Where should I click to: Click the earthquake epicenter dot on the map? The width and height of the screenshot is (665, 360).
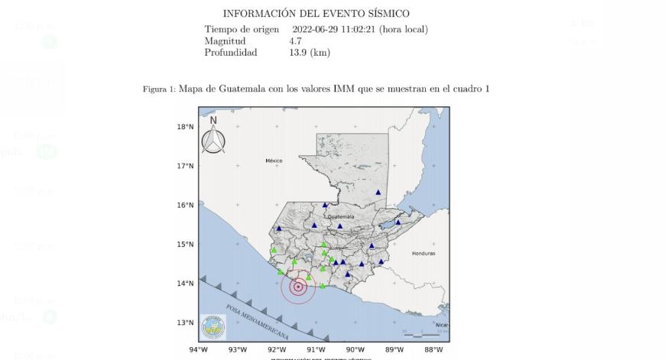tap(298, 287)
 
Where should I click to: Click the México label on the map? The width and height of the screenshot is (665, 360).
tap(274, 161)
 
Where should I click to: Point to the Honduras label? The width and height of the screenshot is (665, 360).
tap(423, 253)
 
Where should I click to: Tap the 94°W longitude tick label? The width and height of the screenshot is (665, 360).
tap(199, 350)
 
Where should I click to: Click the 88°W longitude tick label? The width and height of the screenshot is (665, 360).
tap(433, 350)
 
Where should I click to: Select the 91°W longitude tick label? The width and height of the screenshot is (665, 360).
tap(316, 350)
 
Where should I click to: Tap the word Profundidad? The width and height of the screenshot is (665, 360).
tap(231, 53)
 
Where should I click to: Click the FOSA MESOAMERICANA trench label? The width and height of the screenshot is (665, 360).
tap(258, 322)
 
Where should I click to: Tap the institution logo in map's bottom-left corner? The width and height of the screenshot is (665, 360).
tap(213, 327)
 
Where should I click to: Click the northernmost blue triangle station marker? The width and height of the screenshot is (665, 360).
tap(378, 193)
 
